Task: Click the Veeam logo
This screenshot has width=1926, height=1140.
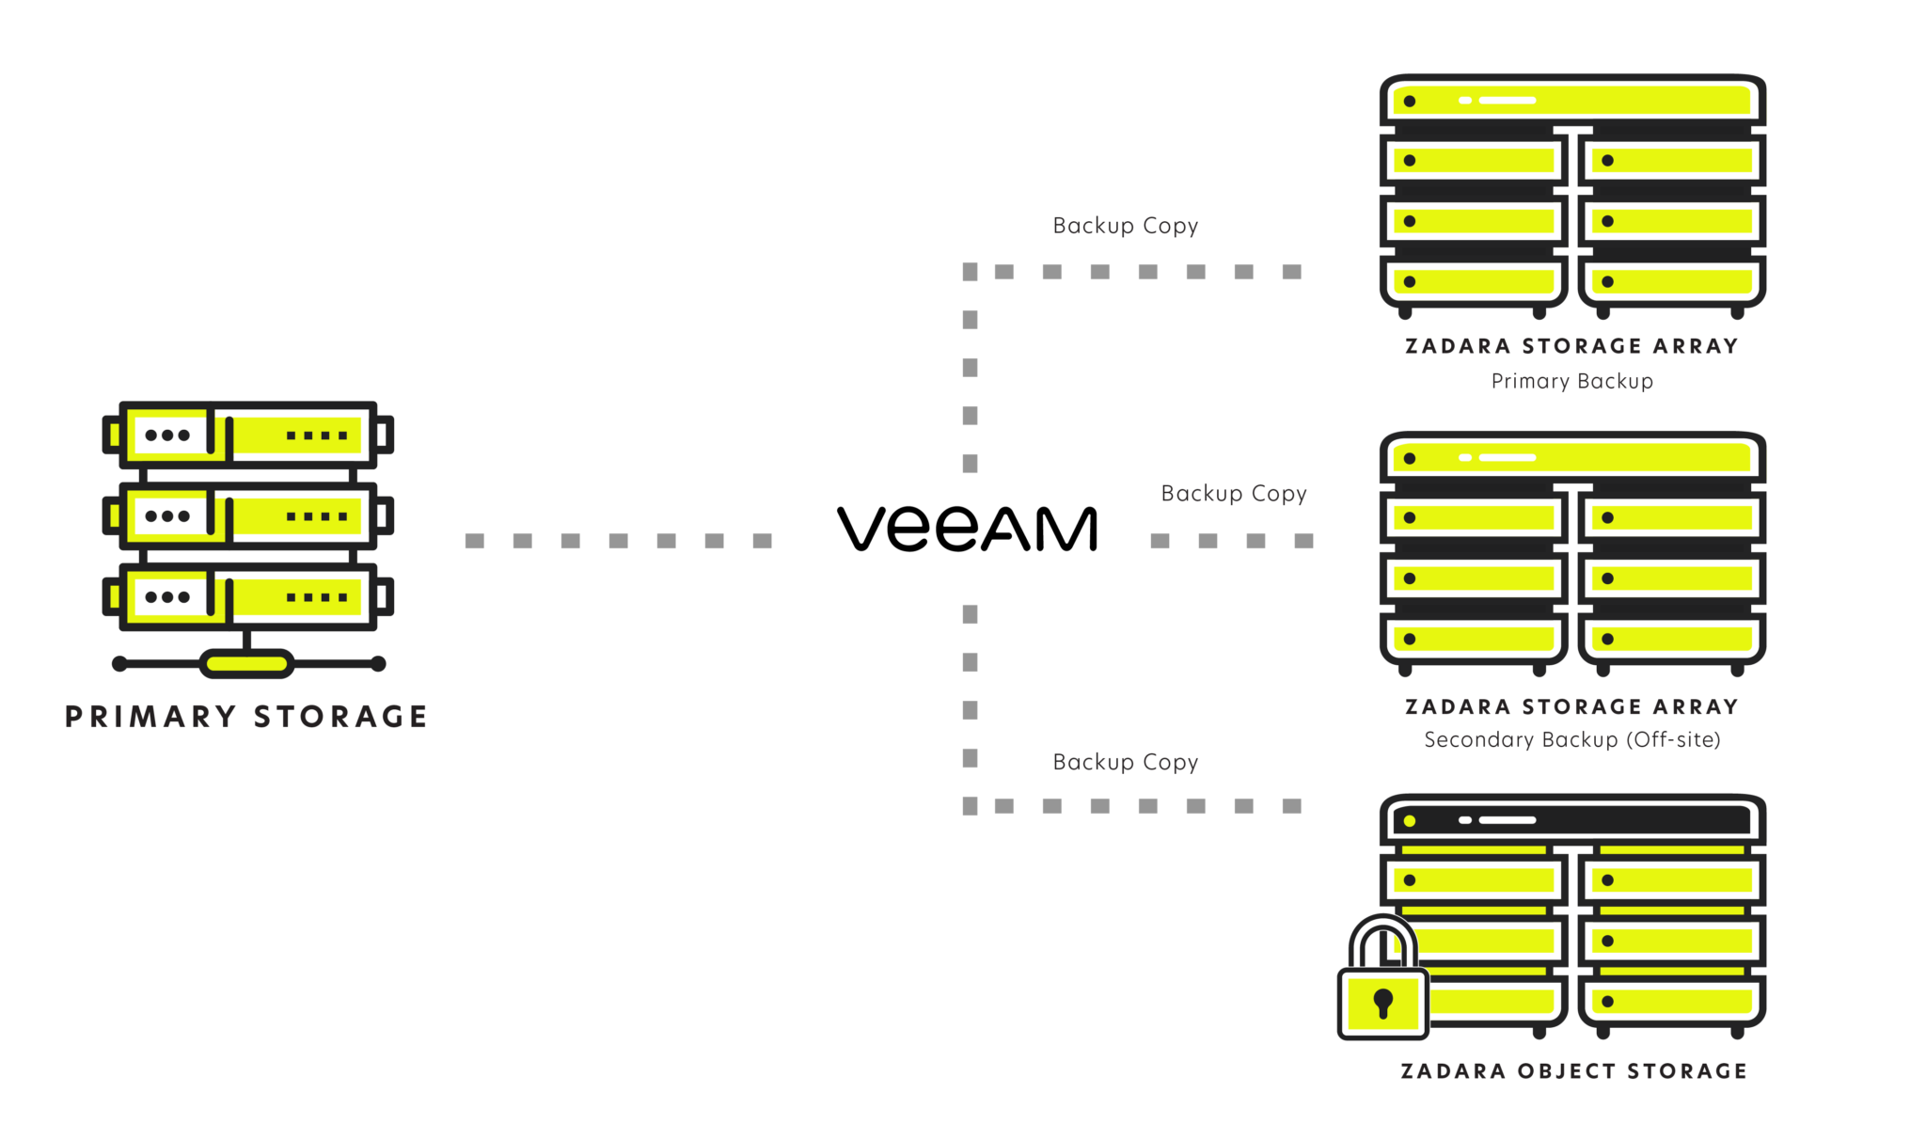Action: (967, 529)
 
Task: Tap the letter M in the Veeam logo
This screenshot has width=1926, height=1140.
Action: (1065, 529)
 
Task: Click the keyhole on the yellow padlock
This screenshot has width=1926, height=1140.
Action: (1382, 1003)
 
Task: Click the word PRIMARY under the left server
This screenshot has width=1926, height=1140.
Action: (150, 718)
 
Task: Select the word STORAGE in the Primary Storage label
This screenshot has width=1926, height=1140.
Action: (340, 718)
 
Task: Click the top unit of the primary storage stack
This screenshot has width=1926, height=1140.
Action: (246, 435)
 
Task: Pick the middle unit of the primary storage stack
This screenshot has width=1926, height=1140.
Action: (246, 516)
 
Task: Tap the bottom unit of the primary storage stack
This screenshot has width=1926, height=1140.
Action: (246, 597)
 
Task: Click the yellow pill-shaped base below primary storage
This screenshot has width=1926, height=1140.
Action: (246, 664)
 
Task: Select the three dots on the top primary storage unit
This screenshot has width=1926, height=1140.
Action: (167, 435)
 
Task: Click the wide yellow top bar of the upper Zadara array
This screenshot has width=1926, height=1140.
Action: (1572, 101)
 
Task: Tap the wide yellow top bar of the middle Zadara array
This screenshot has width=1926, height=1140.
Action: (1572, 458)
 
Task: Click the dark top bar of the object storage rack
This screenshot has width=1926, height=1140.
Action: (1572, 820)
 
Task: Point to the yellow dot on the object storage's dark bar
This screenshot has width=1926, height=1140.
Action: (1409, 821)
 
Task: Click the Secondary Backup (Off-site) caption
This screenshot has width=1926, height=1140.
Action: (1572, 740)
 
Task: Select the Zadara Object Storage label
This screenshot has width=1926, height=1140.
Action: (1572, 1070)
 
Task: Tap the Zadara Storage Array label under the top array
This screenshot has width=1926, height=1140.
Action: (1572, 346)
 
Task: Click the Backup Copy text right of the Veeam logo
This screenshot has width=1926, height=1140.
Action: (1234, 495)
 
